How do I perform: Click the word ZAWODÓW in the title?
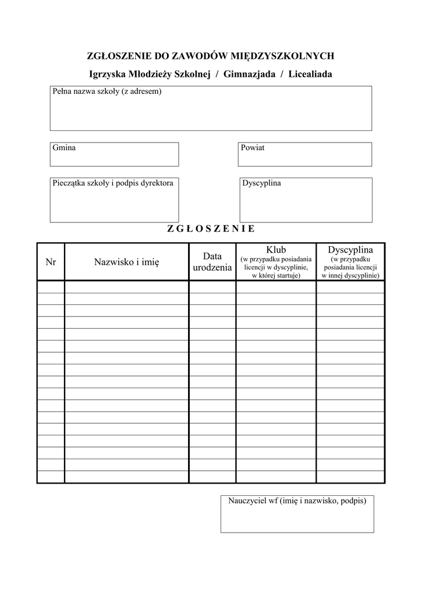click(x=197, y=56)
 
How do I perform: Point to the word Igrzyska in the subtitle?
click(x=106, y=74)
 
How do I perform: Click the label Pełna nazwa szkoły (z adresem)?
click(x=107, y=91)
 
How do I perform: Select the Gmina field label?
click(x=64, y=148)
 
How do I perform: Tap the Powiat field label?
click(x=253, y=148)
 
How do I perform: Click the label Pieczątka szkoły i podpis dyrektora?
click(x=113, y=183)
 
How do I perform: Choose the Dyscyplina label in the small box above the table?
click(x=261, y=183)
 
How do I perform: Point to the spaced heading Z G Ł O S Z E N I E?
click(x=211, y=229)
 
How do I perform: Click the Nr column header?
click(x=51, y=262)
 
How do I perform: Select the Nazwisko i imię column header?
click(x=126, y=262)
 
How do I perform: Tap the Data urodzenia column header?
click(x=212, y=262)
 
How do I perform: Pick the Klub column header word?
click(x=276, y=250)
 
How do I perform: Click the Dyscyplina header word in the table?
click(x=350, y=250)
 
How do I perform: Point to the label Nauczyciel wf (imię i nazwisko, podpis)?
click(x=297, y=501)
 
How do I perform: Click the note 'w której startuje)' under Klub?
click(x=276, y=275)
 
